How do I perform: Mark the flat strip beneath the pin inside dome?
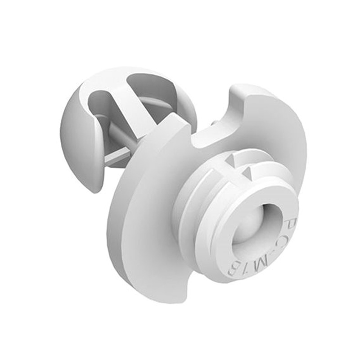point(118,155)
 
